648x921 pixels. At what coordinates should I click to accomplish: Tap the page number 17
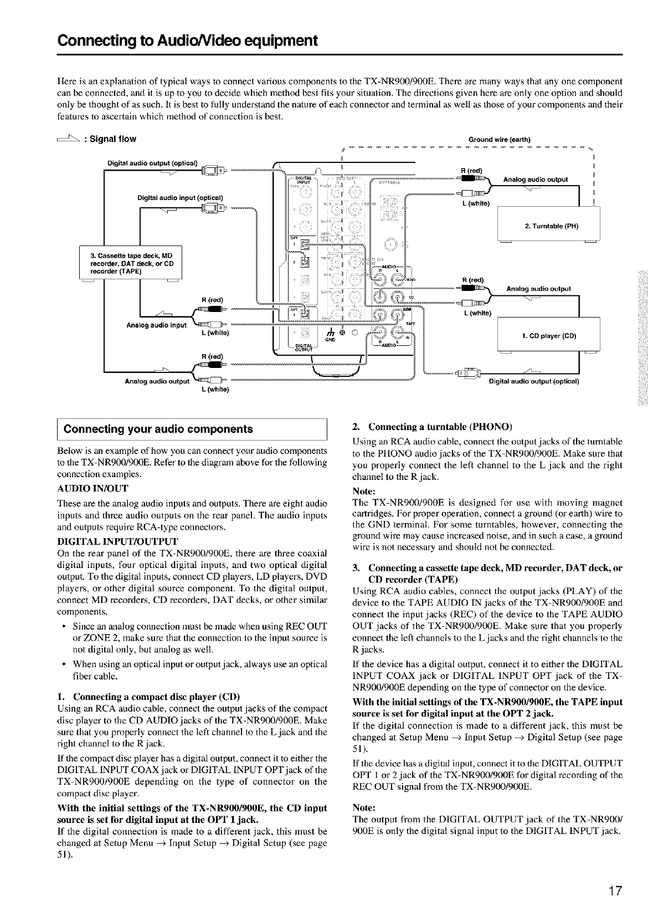(614, 892)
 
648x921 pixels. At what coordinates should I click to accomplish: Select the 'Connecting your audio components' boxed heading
(158, 429)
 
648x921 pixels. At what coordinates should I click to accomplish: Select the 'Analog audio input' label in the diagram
(156, 325)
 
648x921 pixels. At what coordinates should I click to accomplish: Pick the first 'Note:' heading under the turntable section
(363, 491)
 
